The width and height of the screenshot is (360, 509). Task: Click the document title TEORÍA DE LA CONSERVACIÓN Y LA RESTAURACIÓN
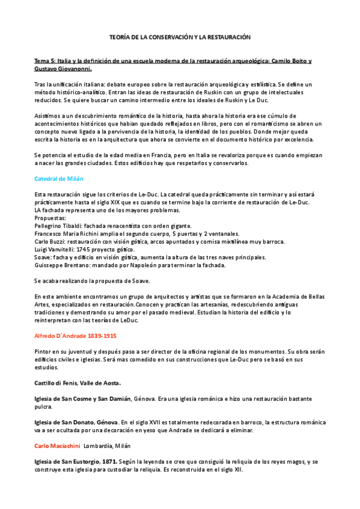click(x=180, y=37)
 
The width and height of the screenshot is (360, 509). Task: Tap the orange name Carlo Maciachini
click(x=56, y=445)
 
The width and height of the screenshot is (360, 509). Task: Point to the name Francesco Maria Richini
click(x=69, y=233)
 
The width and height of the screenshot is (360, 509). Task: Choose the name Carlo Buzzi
click(x=50, y=241)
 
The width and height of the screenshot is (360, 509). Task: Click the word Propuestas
click(x=50, y=218)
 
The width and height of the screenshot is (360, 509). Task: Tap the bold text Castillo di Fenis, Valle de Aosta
click(x=78, y=382)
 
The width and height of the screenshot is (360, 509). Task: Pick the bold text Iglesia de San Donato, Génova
click(x=76, y=422)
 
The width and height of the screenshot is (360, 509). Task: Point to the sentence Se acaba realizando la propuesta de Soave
click(x=91, y=280)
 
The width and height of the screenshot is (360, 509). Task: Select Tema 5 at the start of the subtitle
click(x=44, y=61)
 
